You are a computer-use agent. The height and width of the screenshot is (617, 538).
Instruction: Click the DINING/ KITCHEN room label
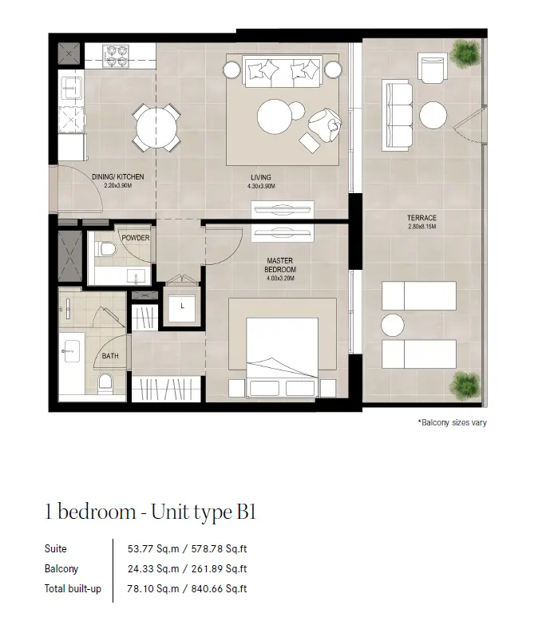pyautogui.click(x=117, y=177)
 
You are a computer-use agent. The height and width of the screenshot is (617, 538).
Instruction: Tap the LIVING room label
pyautogui.click(x=261, y=177)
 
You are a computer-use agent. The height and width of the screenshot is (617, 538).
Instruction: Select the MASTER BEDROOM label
pyautogui.click(x=280, y=265)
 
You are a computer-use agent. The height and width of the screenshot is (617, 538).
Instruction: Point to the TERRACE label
pyautogui.click(x=421, y=218)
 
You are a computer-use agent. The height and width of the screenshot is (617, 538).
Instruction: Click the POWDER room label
pyautogui.click(x=136, y=238)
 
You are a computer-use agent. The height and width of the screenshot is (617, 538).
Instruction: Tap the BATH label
pyautogui.click(x=110, y=356)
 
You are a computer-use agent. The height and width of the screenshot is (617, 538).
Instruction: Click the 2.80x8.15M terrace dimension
pyautogui.click(x=422, y=227)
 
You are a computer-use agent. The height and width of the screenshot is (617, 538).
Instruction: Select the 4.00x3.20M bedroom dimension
pyautogui.click(x=280, y=279)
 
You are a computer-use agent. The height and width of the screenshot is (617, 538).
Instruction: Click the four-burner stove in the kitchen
pyautogui.click(x=116, y=56)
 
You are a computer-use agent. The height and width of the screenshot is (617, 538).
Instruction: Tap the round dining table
pyautogui.click(x=156, y=128)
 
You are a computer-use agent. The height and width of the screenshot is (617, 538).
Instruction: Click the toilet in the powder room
pyautogui.click(x=107, y=249)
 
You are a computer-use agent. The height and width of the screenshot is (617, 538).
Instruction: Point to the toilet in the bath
pyautogui.click(x=105, y=383)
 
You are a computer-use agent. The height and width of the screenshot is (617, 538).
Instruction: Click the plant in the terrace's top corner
pyautogui.click(x=465, y=53)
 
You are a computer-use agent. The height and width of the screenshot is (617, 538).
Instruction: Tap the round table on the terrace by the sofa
pyautogui.click(x=433, y=115)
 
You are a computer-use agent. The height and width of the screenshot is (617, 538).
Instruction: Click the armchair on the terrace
pyautogui.click(x=433, y=68)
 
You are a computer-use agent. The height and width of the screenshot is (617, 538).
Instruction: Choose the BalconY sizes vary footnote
pyautogui.click(x=453, y=422)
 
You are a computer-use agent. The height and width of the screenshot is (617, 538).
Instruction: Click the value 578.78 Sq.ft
pyautogui.click(x=219, y=548)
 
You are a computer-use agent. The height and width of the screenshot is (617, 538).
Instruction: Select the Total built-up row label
pyautogui.click(x=73, y=589)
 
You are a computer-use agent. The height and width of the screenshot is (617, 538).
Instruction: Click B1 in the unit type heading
pyautogui.click(x=246, y=512)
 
